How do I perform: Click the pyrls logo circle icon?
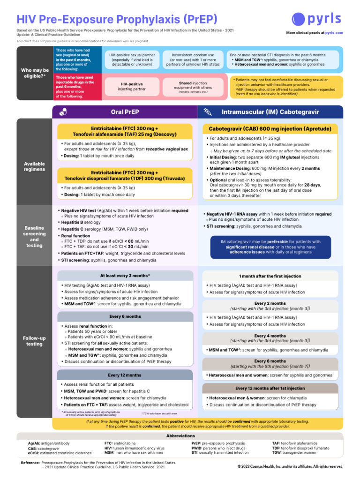coord(299,19)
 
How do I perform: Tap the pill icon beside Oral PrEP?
coord(64,112)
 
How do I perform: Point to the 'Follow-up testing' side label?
coord(34,341)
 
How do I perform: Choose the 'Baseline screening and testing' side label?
coord(34,236)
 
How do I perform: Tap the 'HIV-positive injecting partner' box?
coord(125,86)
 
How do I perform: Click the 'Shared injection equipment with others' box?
coord(193,86)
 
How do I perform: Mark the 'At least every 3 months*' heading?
coord(125,276)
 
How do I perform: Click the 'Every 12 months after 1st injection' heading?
coord(270,388)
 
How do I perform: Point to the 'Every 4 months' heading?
coord(270,338)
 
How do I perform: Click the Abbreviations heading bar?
coord(180,435)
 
